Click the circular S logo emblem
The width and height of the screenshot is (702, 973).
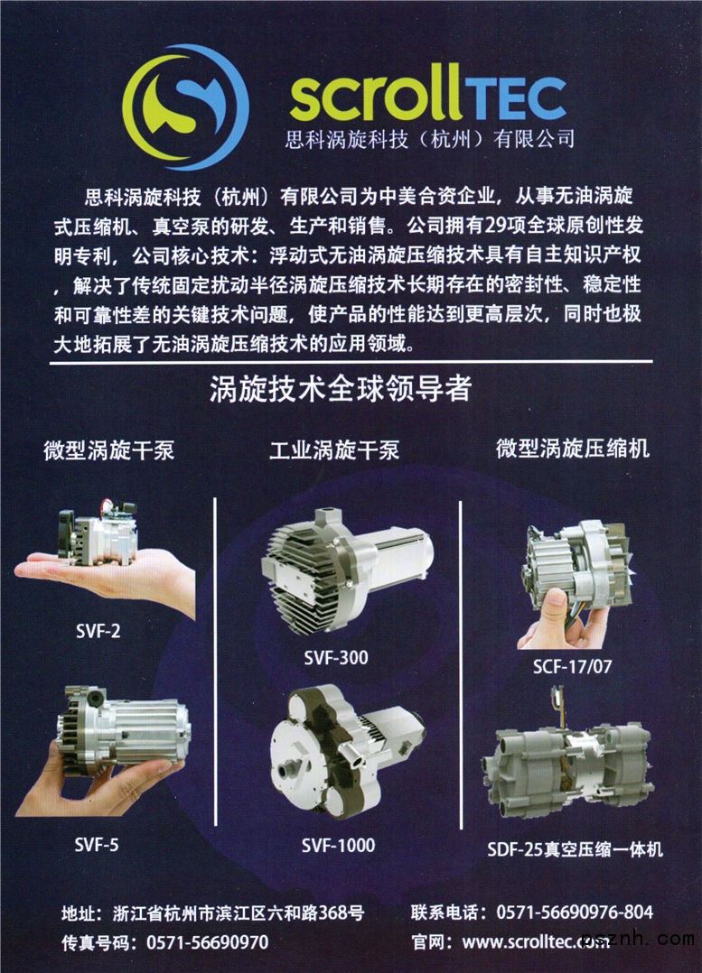(186, 107)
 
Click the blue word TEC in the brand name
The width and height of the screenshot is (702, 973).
(516, 98)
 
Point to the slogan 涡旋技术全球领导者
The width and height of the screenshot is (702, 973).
(341, 389)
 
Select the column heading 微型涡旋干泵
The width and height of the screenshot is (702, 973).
(109, 449)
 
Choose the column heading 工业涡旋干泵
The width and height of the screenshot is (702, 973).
(334, 449)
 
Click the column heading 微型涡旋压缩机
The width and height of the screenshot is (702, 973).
(573, 448)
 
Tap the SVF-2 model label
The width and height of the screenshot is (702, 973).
(98, 631)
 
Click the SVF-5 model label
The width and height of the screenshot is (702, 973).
(97, 844)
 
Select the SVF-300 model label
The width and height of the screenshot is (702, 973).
(336, 658)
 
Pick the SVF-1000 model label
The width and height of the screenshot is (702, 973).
(339, 845)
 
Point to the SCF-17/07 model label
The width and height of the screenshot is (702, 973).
(572, 666)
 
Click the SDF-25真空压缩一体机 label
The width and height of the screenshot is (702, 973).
(575, 848)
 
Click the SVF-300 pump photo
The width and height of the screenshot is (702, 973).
(346, 570)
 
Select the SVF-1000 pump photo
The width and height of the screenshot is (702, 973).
(347, 751)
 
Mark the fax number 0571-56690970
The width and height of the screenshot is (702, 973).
(208, 942)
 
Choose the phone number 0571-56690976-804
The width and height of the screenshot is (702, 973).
(575, 912)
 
